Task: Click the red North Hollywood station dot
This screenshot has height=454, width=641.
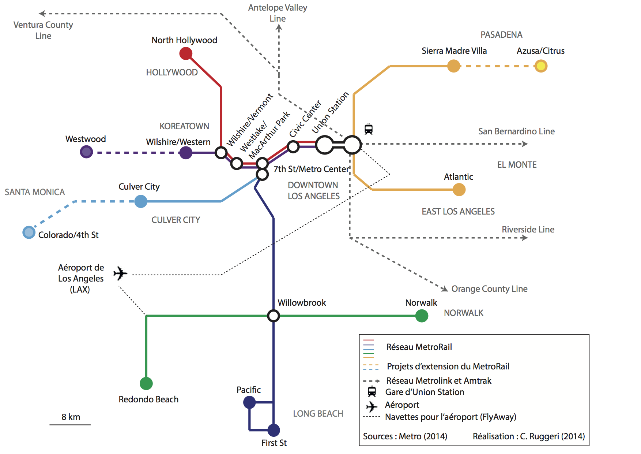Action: coord(186,54)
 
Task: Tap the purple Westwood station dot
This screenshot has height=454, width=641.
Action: coord(86,152)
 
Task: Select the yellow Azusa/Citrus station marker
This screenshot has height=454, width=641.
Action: coord(540,66)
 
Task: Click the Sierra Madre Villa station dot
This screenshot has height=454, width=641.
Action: coord(453,66)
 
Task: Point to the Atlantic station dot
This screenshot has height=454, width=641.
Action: coord(459,190)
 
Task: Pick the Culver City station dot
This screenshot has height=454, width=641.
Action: coord(141,201)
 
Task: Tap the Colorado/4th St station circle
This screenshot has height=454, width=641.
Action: coord(29,232)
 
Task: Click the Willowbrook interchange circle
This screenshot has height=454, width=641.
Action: coord(274,316)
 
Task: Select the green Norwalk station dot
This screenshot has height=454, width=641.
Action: coord(422,316)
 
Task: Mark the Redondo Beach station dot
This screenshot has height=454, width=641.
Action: coord(146,383)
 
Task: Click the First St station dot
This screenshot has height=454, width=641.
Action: coord(274,430)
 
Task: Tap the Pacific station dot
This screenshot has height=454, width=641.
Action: coord(249,402)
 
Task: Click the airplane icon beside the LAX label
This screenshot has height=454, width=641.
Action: coord(120,273)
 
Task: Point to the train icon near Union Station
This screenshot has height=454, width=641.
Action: coord(369,129)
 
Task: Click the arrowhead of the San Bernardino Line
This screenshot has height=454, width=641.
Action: coord(525,144)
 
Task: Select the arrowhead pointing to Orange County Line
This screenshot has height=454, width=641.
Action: coord(445,289)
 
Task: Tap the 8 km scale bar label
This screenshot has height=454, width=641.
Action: coord(71,417)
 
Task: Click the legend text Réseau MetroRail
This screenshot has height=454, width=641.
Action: coord(419,347)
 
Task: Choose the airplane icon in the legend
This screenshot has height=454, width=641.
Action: coord(372,406)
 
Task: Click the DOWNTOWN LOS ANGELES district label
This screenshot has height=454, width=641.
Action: coord(313,190)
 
